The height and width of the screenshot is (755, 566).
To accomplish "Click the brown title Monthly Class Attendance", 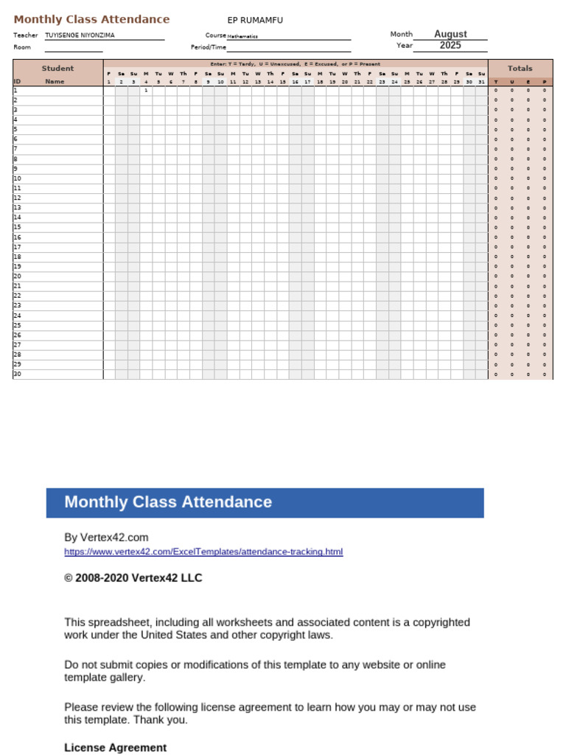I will [91, 19].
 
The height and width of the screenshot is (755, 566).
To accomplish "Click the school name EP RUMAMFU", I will [255, 20].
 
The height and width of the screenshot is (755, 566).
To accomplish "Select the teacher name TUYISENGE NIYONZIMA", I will [80, 35].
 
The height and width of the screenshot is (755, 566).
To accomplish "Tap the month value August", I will [450, 34].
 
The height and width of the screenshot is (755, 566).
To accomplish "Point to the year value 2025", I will [450, 46].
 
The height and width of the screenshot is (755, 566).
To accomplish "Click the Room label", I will [22, 47].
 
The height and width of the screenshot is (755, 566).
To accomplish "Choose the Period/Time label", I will [209, 47].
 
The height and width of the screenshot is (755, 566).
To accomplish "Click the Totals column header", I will [520, 69].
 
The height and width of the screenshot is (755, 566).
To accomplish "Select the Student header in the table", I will [57, 69].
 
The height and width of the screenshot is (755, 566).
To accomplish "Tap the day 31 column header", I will [481, 82].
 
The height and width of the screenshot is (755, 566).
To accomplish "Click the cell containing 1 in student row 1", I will [146, 91].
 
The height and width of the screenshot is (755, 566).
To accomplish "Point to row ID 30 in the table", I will [18, 374].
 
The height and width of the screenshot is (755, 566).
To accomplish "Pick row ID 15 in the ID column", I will [18, 227].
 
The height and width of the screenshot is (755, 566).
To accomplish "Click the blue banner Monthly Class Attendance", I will [168, 502].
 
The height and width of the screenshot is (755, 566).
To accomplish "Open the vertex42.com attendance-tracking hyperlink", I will [203, 552].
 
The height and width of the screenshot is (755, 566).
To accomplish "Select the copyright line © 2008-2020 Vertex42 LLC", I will [133, 578].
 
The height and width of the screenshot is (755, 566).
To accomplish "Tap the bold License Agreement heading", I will [115, 748].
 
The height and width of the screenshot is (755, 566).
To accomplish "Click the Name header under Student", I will [55, 82].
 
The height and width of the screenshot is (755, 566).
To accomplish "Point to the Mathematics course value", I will [242, 36].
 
